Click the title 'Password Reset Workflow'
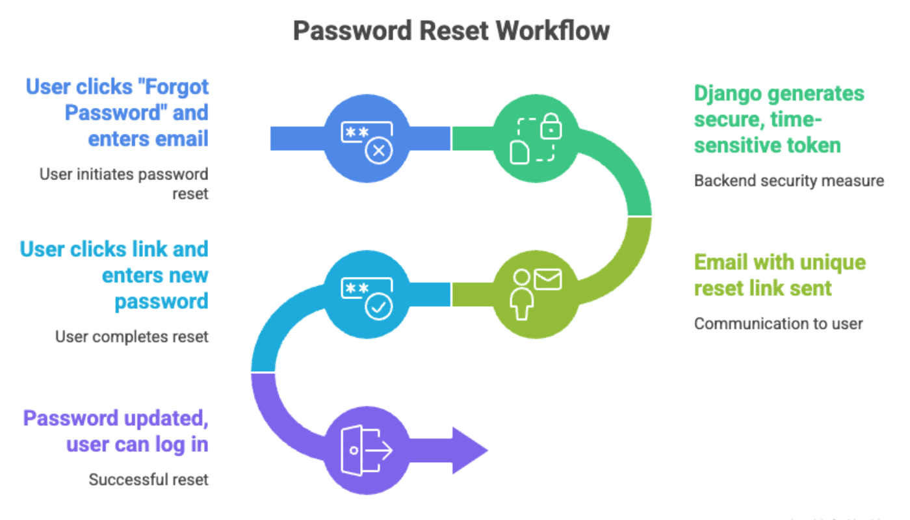pyautogui.click(x=451, y=31)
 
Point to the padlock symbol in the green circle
pyautogui.click(x=551, y=126)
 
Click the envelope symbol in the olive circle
pyautogui.click(x=547, y=279)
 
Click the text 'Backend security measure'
pyautogui.click(x=788, y=181)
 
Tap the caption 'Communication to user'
pyautogui.click(x=778, y=324)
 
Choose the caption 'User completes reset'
pyautogui.click(x=132, y=337)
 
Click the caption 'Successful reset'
pyautogui.click(x=149, y=480)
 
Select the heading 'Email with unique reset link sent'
pyautogui.click(x=779, y=275)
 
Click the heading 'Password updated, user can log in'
pyautogui.click(x=117, y=431)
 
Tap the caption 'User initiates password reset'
pyautogui.click(x=125, y=184)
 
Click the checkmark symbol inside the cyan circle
pyautogui.click(x=378, y=305)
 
